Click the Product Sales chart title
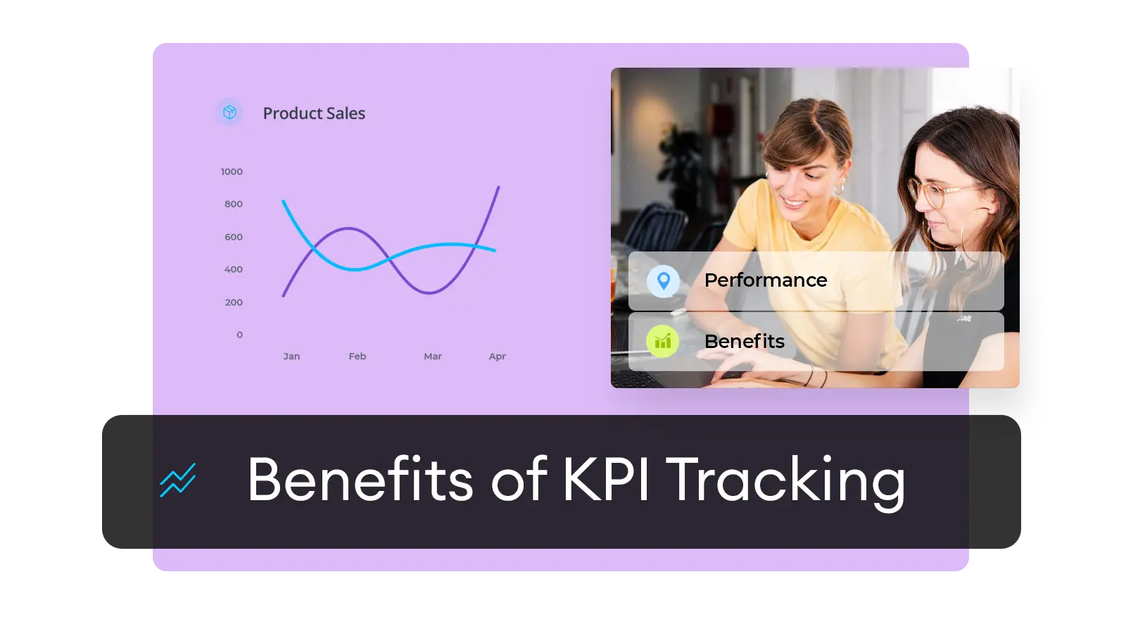point(314,113)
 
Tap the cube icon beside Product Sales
point(229,112)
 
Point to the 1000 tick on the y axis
point(232,172)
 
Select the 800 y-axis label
point(234,204)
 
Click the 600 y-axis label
point(234,237)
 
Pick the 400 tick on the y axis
point(234,269)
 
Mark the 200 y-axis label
point(234,302)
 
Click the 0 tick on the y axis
point(240,335)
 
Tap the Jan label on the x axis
point(291,356)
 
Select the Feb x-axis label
point(358,356)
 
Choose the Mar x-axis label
point(433,356)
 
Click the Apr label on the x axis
point(498,356)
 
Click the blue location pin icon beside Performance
point(664,281)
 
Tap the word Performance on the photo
point(766,280)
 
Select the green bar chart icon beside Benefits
point(662,341)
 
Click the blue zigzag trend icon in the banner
point(178,480)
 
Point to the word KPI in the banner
point(606,479)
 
